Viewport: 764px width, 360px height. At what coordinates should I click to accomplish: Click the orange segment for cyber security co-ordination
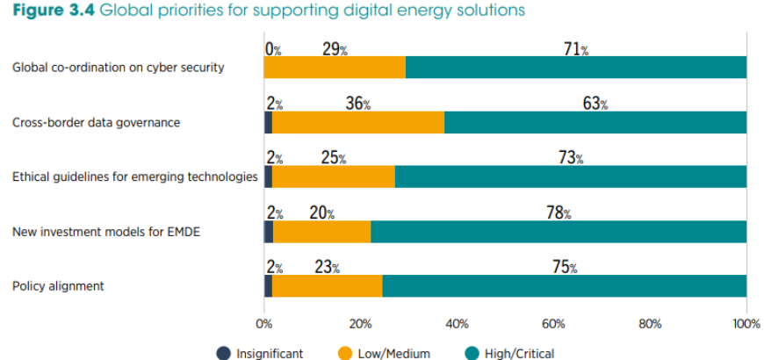[335, 68]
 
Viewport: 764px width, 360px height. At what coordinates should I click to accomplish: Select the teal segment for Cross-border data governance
[595, 123]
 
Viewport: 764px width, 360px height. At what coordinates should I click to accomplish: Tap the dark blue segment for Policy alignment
[268, 286]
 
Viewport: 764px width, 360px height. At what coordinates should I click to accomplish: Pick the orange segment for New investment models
[321, 232]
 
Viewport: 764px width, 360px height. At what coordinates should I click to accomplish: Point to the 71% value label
[576, 49]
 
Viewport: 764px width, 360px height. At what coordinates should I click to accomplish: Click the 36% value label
[357, 104]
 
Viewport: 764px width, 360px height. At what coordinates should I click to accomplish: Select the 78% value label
[559, 213]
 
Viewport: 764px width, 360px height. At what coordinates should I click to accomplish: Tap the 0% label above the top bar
[272, 49]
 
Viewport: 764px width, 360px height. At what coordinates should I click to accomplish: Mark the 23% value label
[327, 267]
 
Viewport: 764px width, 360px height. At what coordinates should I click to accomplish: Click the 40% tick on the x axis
[457, 323]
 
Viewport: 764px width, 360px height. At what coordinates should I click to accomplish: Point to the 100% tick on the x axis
[746, 323]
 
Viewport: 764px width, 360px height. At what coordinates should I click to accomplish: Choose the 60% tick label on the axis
[553, 323]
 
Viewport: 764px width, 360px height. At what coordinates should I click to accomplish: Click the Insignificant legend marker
[223, 353]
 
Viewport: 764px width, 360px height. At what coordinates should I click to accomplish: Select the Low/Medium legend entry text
[394, 353]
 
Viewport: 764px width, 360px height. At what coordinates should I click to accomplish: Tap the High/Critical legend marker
[471, 353]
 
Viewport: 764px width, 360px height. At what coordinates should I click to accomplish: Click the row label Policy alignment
[58, 286]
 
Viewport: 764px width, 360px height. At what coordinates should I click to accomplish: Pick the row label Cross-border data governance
[96, 123]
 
